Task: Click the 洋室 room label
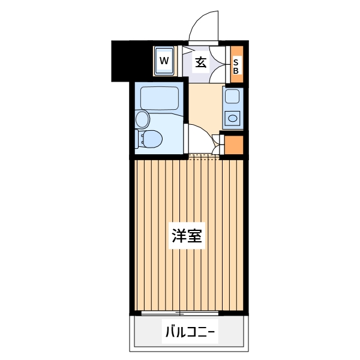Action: click(188, 236)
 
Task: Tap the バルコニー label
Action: click(189, 331)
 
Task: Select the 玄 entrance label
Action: click(201, 61)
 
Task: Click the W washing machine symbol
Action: click(164, 61)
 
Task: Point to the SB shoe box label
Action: click(236, 65)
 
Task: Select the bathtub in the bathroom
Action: click(159, 98)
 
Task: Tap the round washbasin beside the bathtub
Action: click(143, 118)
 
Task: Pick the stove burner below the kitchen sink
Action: click(232, 118)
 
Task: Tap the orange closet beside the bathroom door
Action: click(234, 146)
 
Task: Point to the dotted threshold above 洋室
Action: click(204, 157)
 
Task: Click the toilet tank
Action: click(140, 139)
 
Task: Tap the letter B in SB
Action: click(236, 70)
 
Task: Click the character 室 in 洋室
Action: click(196, 236)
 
